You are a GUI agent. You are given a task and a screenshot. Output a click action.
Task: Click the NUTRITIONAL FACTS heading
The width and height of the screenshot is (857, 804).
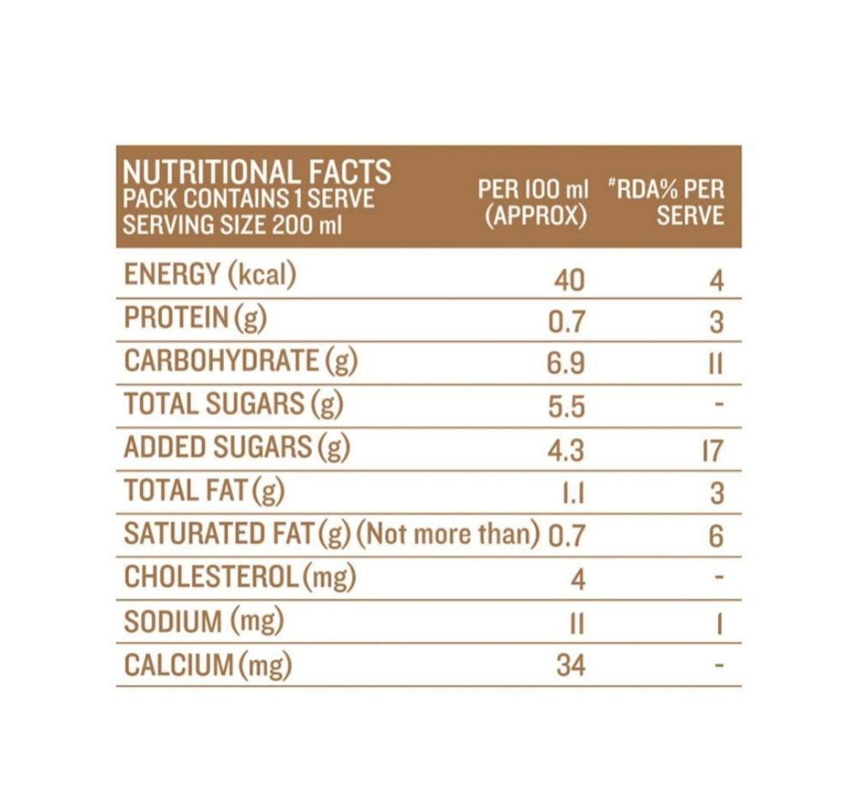pos(257,172)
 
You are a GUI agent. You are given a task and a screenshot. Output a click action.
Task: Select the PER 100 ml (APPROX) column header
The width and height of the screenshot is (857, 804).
pos(533,203)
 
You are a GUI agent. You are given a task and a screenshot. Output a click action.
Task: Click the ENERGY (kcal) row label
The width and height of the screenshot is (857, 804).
pos(210,275)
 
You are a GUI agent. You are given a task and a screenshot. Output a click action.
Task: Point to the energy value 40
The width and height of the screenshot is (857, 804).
pos(568,280)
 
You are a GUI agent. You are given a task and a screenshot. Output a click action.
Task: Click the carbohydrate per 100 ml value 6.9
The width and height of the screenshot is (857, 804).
pos(566,364)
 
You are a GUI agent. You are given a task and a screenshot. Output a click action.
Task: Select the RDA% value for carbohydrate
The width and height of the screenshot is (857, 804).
pos(715,364)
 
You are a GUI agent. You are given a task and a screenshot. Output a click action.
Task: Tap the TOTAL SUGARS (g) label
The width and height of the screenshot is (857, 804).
pos(234,404)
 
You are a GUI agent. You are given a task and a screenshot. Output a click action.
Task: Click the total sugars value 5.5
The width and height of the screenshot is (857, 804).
pos(566,408)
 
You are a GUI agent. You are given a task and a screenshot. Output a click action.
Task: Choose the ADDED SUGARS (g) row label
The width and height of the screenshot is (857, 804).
pos(237,447)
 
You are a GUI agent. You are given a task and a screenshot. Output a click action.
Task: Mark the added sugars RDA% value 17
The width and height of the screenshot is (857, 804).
pos(712,451)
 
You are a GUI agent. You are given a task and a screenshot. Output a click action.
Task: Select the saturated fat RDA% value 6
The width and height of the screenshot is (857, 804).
pos(716,536)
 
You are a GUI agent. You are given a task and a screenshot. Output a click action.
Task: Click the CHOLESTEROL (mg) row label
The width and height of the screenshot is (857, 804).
pos(239,577)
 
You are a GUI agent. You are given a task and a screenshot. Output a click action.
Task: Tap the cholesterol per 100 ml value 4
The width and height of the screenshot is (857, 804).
pos(577,580)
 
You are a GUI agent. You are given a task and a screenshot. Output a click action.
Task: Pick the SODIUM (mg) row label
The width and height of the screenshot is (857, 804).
pos(204,620)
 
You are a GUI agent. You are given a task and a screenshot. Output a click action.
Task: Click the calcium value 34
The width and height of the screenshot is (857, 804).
pos(570,665)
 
